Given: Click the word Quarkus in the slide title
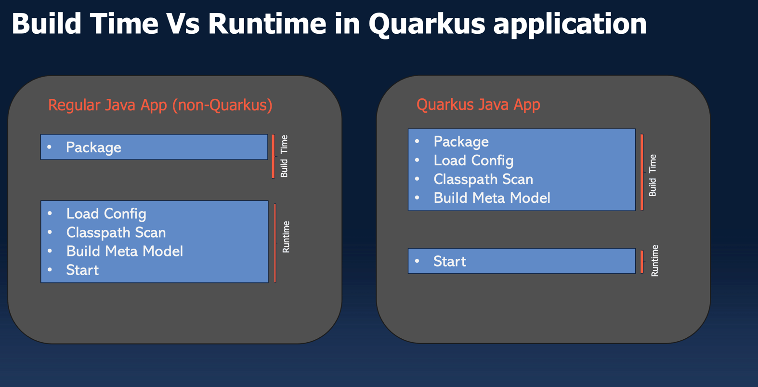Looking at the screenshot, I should tap(427, 24).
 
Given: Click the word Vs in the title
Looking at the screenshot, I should tap(183, 24).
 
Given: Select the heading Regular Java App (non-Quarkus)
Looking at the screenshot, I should tap(160, 105).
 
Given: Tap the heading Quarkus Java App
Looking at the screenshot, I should tap(478, 105).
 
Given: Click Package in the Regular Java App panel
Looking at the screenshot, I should tap(93, 147).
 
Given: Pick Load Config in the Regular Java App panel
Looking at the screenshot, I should tap(106, 214).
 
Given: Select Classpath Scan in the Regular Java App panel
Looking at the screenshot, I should tap(116, 232).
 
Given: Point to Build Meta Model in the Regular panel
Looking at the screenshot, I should tap(124, 251).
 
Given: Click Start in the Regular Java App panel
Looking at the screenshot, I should tap(82, 270).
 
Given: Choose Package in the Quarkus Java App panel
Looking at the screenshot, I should tap(461, 142).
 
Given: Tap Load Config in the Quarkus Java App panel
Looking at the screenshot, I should tap(473, 160).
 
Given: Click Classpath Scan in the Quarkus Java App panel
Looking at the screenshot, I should tap(483, 179).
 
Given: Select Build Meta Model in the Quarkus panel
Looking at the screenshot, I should tap(492, 198).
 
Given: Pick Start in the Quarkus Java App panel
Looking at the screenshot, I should tap(449, 261).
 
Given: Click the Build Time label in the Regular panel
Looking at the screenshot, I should tap(284, 156).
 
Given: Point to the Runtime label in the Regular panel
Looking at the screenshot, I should tap(286, 237).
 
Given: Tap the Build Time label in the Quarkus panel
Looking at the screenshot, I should tap(653, 175).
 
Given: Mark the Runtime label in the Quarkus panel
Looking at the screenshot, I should tap(654, 261).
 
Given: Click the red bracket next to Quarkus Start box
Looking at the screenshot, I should tap(642, 261).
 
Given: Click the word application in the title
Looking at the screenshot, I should tap(570, 24).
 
